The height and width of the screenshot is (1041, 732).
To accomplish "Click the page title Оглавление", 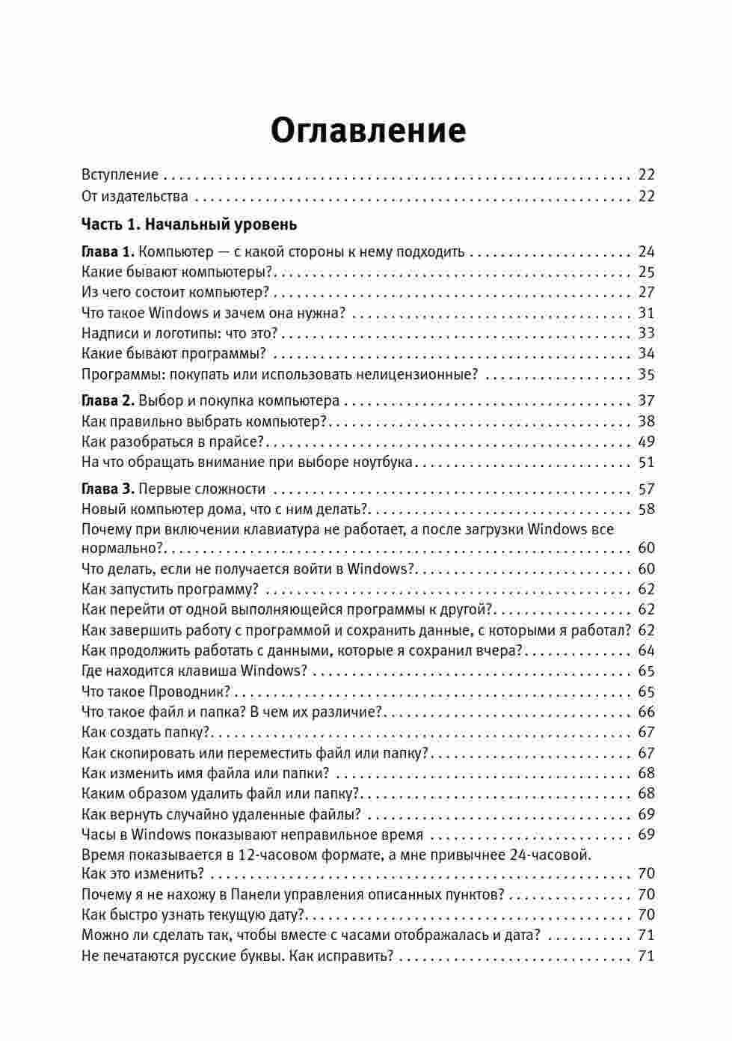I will [x=368, y=130].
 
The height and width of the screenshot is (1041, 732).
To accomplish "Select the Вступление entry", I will [x=120, y=175].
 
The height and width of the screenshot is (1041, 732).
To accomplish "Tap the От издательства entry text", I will [x=135, y=197].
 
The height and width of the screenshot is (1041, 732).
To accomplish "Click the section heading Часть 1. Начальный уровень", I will [x=188, y=224].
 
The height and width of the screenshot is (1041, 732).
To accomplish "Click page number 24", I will [x=646, y=251].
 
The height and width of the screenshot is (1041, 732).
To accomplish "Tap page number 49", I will [x=646, y=442].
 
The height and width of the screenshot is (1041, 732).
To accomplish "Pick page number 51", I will [x=646, y=463].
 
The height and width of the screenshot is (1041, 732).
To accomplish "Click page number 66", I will [x=646, y=712].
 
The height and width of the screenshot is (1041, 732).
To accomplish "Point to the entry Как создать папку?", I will [x=147, y=732].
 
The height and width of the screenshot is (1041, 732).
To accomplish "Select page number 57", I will [x=646, y=489].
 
